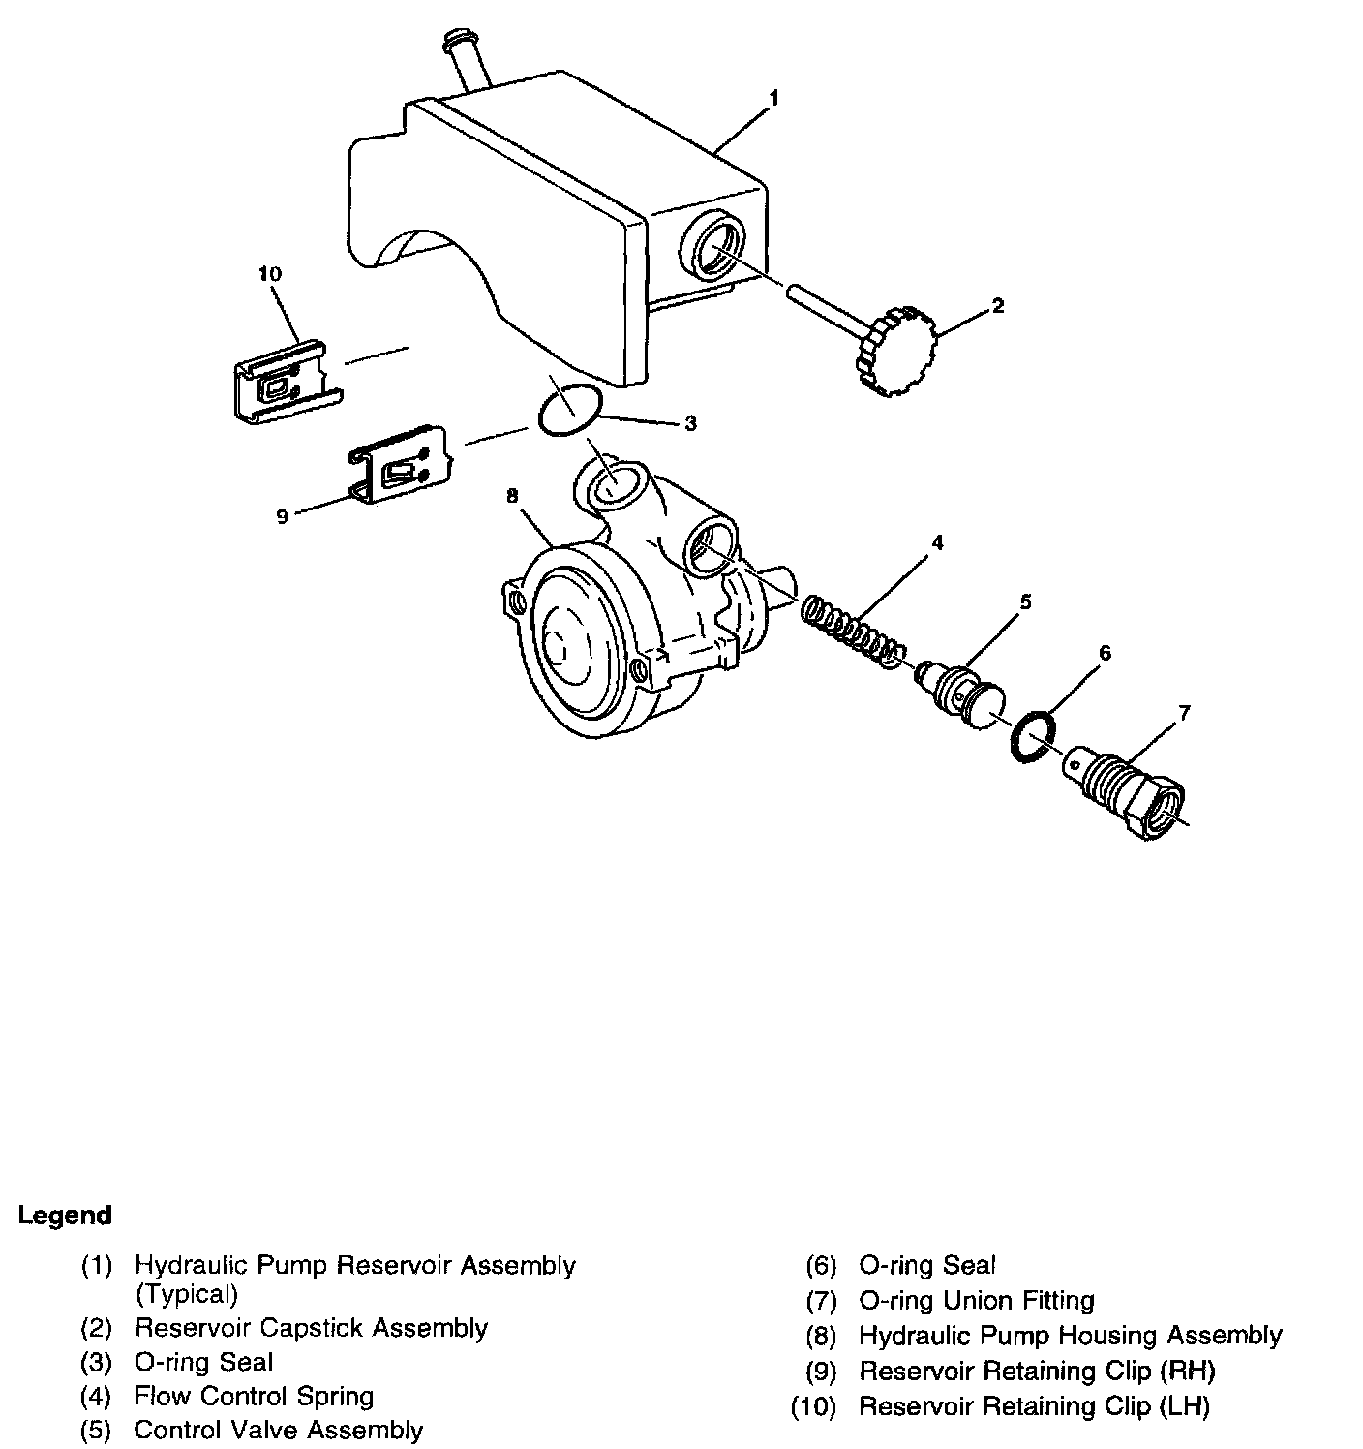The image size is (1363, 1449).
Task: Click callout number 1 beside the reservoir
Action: tap(773, 98)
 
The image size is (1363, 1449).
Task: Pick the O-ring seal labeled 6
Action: tap(1035, 739)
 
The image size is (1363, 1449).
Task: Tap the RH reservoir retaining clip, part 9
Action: tap(399, 466)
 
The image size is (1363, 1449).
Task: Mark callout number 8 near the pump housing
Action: tap(512, 496)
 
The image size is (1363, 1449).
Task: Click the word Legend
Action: tap(66, 1216)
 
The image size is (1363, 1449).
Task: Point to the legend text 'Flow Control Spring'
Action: tap(254, 1396)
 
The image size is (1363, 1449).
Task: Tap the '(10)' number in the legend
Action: tap(813, 1406)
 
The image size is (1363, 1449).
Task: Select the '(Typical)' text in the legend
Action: tap(187, 1293)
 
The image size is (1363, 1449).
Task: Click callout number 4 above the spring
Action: tap(937, 542)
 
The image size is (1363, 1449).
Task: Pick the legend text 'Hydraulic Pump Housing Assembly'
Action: tap(1070, 1336)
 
